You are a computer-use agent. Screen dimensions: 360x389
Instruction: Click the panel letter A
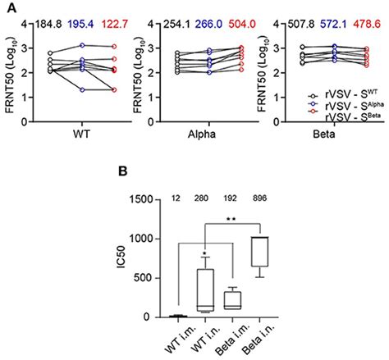pyautogui.click(x=6, y=6)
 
